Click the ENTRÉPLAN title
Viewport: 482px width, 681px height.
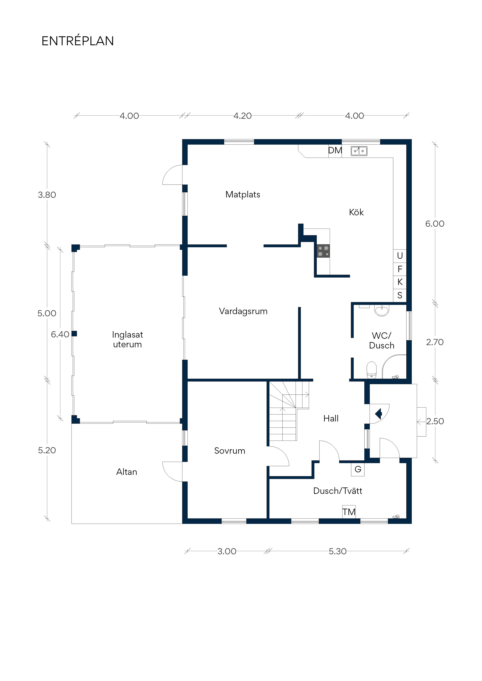[78, 41]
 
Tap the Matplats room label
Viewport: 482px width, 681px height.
[243, 195]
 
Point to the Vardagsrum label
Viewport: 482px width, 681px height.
[243, 311]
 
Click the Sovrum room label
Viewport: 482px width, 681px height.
[230, 451]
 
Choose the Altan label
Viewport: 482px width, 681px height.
[127, 472]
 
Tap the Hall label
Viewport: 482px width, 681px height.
[331, 419]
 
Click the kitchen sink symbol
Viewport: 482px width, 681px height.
[359, 151]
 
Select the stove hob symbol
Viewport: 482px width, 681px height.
[323, 251]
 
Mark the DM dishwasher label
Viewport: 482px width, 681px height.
[335, 150]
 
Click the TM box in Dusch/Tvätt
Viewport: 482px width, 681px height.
[349, 512]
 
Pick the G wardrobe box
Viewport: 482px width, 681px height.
[358, 469]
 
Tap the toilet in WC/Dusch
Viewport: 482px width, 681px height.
[372, 370]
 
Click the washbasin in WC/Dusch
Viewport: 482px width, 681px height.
[382, 310]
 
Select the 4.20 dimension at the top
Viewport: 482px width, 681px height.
[242, 116]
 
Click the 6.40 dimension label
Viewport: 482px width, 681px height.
[60, 334]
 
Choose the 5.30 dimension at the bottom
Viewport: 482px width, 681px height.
[338, 551]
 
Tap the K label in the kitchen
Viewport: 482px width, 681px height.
[400, 282]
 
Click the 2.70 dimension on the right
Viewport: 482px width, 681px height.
[435, 342]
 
